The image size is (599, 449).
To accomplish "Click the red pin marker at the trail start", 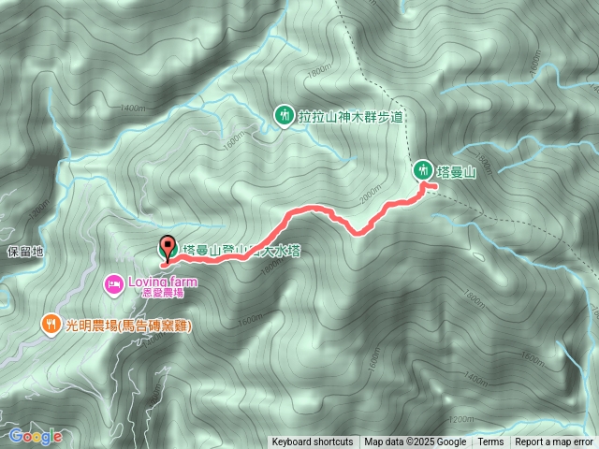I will [168, 249].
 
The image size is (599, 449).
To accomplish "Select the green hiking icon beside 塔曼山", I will [424, 169].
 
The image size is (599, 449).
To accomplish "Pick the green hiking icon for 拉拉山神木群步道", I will [284, 115].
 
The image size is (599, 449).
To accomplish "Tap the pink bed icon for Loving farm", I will [113, 282].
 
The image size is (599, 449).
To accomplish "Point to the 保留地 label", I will [25, 252].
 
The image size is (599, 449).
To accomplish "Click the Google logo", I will [36, 436].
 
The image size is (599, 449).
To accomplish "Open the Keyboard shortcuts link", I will [313, 442].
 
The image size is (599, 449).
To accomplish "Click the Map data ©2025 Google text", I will [416, 442].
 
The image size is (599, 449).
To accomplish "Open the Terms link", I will [491, 442].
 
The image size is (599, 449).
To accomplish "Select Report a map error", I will [554, 442].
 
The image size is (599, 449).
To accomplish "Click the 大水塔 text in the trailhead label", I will [281, 251].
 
